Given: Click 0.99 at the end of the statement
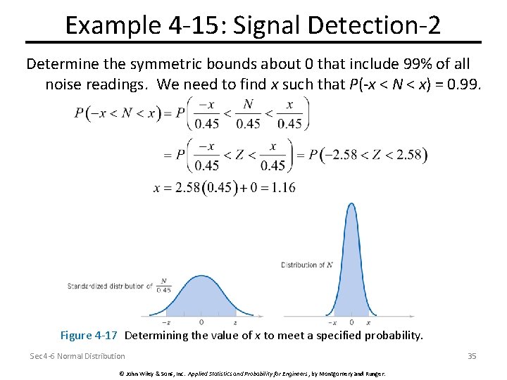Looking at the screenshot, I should [462, 85].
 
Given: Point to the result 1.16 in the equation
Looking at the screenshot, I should [282, 187].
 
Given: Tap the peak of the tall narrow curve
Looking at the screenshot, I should [351, 205].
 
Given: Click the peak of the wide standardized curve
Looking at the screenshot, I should [201, 277].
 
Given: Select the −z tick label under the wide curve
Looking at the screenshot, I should [165, 322].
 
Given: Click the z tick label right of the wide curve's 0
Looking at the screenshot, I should [235, 322].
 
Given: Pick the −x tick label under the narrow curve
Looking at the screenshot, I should [333, 322].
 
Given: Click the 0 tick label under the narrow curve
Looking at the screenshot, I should [351, 322].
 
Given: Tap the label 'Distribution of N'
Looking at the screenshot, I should [308, 265].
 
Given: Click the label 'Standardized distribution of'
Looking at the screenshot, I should [110, 286].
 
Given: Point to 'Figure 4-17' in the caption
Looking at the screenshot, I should [89, 336].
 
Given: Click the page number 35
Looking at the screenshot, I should [472, 356].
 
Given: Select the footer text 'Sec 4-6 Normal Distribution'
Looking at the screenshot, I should [77, 356].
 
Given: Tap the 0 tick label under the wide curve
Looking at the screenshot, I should [201, 322].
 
